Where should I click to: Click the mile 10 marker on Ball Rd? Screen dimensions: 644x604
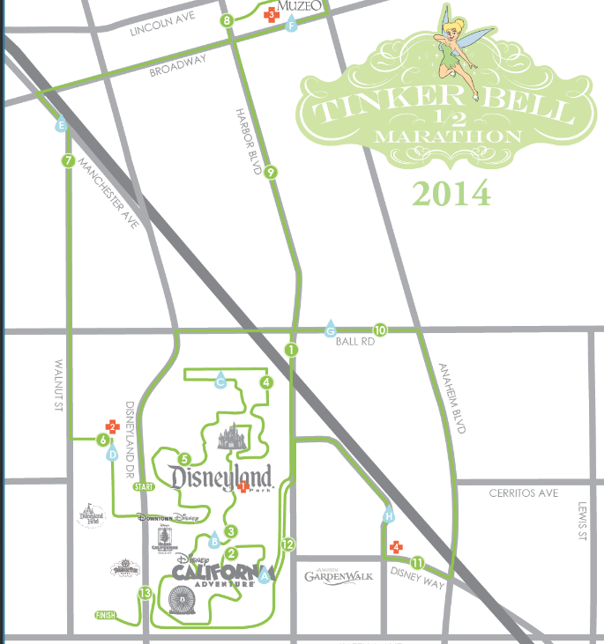pyautogui.click(x=380, y=329)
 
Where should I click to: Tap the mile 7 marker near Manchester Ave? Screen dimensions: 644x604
pyautogui.click(x=67, y=161)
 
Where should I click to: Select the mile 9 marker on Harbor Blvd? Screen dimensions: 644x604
pyautogui.click(x=271, y=172)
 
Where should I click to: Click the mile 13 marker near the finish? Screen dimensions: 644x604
pyautogui.click(x=145, y=594)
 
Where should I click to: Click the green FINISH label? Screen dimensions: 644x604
pyautogui.click(x=106, y=615)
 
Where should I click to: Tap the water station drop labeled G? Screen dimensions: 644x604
pyautogui.click(x=331, y=329)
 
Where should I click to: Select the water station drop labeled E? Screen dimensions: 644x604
pyautogui.click(x=60, y=126)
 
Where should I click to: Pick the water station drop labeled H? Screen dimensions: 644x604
pyautogui.click(x=388, y=514)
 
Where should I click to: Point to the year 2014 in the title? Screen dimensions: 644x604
pyautogui.click(x=450, y=192)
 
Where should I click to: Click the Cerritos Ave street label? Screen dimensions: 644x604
pyautogui.click(x=524, y=493)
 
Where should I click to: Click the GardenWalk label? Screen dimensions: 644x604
pyautogui.click(x=339, y=576)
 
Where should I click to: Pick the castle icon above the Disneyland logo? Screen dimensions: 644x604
pyautogui.click(x=233, y=434)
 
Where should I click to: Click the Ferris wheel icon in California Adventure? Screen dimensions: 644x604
pyautogui.click(x=183, y=603)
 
